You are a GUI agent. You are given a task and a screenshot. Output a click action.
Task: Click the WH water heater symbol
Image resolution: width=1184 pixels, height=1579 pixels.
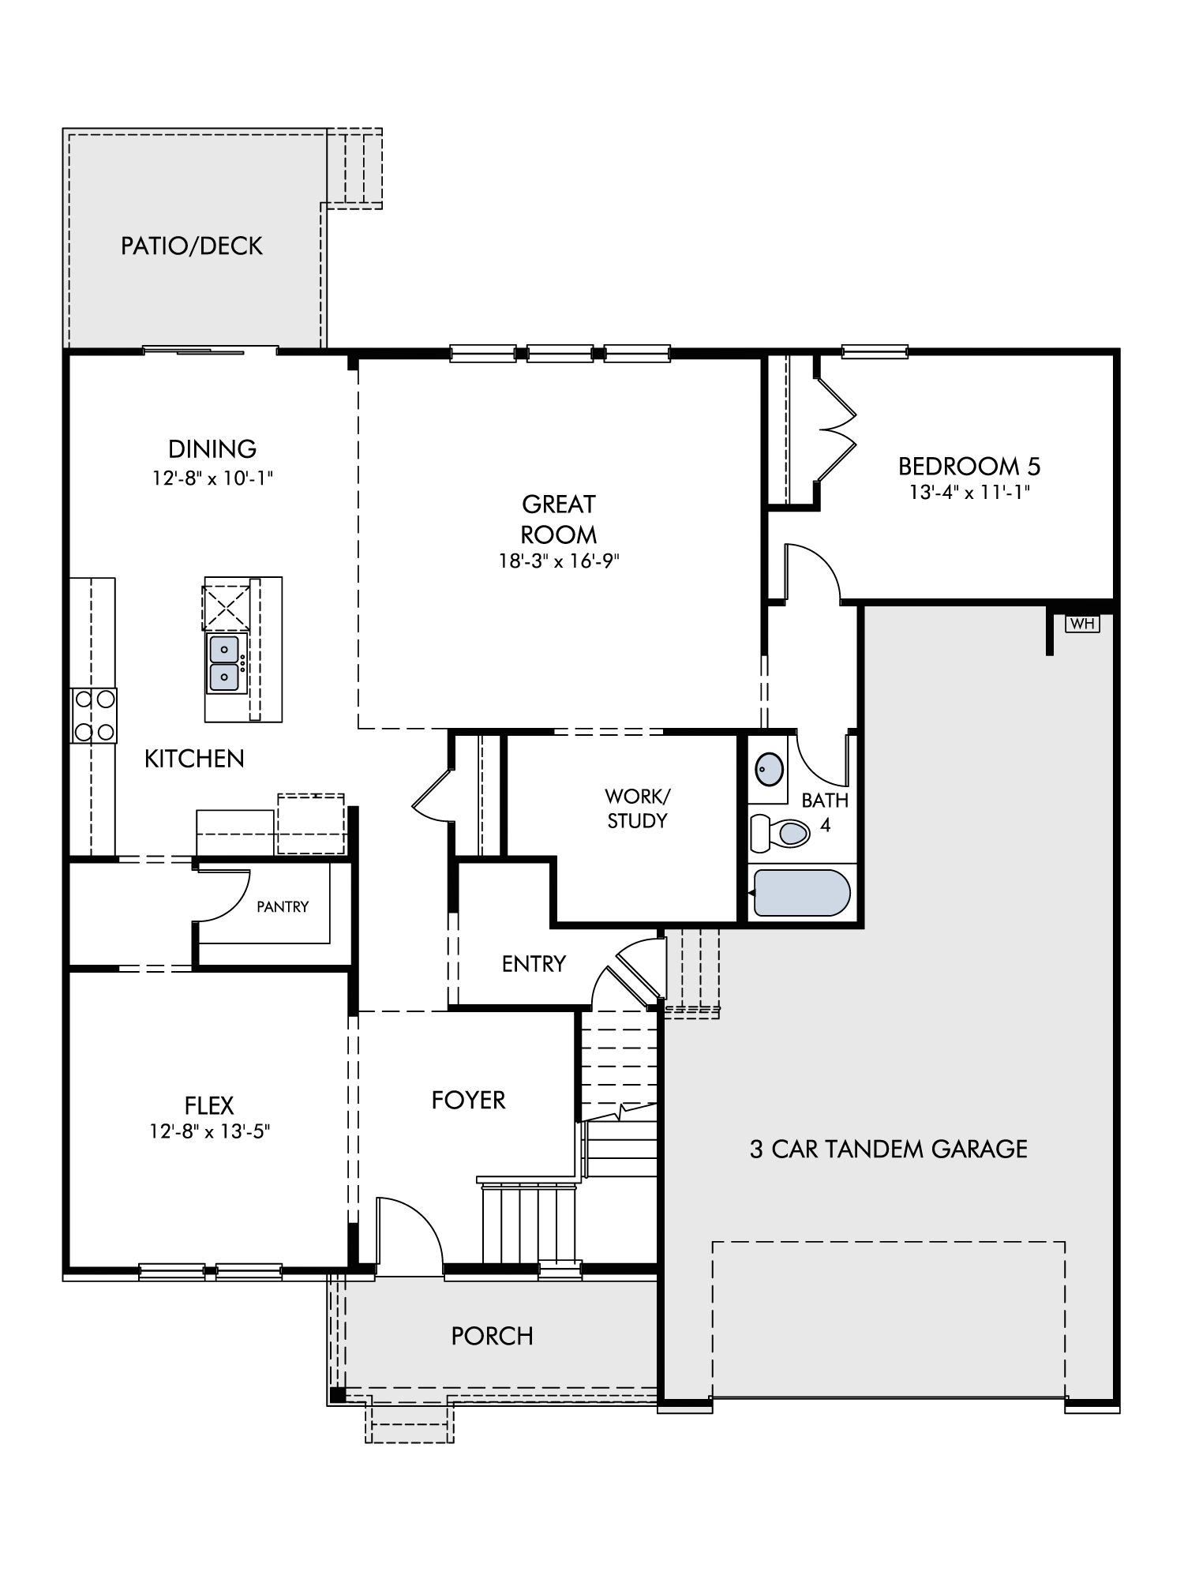pos(1082,624)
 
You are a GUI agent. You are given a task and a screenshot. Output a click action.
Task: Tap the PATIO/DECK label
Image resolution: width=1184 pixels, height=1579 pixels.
pos(192,246)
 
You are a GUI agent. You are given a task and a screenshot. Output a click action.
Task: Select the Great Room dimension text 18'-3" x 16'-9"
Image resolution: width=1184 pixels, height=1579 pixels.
pos(558,561)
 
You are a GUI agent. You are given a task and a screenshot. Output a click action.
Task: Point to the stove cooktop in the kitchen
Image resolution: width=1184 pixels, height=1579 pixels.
pos(94,715)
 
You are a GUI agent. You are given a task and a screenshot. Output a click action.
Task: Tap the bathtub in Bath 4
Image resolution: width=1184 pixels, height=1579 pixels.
pos(802,893)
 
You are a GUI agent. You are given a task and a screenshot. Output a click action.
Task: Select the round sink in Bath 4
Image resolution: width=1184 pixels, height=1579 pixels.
pos(770,768)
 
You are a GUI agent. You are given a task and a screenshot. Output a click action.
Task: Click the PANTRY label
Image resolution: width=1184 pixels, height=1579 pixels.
pos(283,907)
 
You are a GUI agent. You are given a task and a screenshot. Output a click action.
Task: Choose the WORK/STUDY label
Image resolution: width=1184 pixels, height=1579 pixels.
pos(637,808)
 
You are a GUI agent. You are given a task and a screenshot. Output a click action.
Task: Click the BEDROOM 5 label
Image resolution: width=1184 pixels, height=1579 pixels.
pos(969,467)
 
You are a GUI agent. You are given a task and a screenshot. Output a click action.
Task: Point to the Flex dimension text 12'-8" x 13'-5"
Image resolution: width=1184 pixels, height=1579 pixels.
pos(210,1131)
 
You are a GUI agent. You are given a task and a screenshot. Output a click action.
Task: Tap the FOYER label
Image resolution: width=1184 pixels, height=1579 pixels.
pos(468,1100)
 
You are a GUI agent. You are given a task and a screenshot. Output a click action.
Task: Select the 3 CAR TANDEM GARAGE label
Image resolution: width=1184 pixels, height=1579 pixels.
pos(889,1149)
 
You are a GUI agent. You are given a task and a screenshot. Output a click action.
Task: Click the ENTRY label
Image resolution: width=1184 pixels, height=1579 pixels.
pos(534,964)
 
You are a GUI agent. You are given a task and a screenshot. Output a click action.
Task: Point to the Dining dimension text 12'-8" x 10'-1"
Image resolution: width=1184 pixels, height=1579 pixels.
pos(213,478)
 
